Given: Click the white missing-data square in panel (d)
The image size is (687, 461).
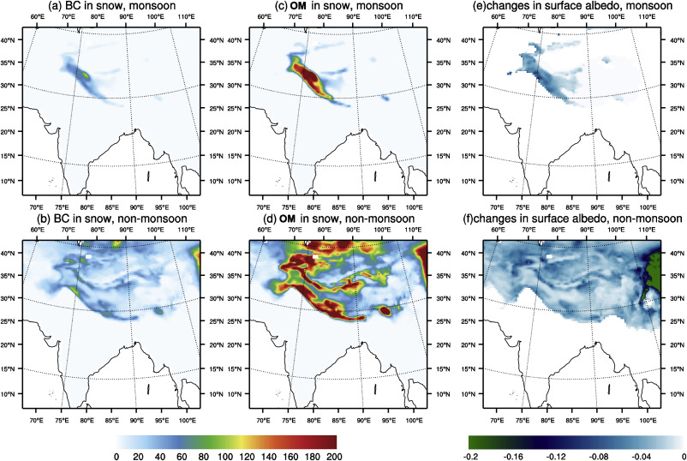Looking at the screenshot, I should coord(315,255).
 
